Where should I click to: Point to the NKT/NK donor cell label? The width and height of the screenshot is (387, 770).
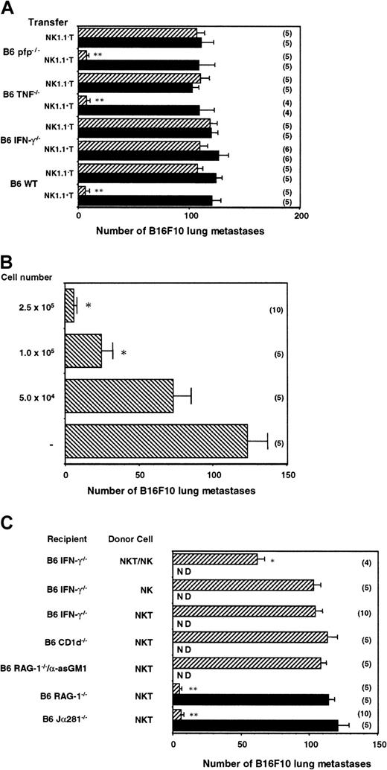129,559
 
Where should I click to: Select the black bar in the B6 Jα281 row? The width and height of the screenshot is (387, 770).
255,723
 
